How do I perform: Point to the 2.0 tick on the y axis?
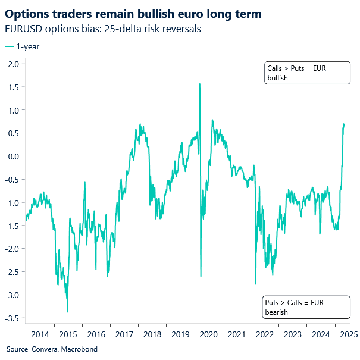pyautogui.click(x=14, y=64)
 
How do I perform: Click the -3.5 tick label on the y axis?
pyautogui.click(x=12, y=318)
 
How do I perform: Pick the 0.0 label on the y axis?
pyautogui.click(x=14, y=156)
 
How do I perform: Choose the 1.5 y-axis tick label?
pyautogui.click(x=14, y=87)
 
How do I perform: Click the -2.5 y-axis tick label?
pyautogui.click(x=12, y=271)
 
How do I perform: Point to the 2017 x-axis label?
pyautogui.click(x=126, y=334)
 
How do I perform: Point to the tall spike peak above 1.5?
pyautogui.click(x=199, y=84)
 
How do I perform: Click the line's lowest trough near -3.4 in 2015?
pyautogui.click(x=67, y=311)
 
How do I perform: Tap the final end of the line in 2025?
pyautogui.click(x=344, y=124)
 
